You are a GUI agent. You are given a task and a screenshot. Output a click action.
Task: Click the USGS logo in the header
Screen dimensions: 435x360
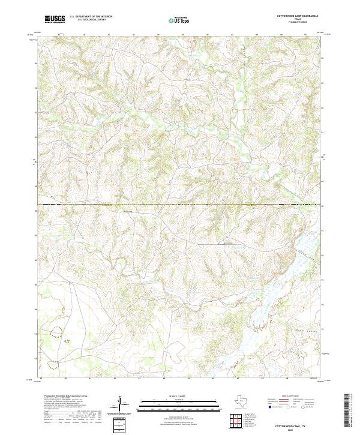(x=55, y=20)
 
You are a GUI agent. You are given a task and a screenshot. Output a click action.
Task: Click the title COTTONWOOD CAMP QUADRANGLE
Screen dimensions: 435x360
(x=298, y=16)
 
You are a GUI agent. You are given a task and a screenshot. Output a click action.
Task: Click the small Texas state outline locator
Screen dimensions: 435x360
(x=245, y=400)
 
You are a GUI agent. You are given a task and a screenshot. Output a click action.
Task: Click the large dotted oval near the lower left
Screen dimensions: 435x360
(x=57, y=331)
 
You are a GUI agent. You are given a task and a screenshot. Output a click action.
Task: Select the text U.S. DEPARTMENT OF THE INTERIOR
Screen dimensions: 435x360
(x=91, y=17)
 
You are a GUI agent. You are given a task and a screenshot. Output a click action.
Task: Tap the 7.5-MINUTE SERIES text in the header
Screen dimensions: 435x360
(x=298, y=22)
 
